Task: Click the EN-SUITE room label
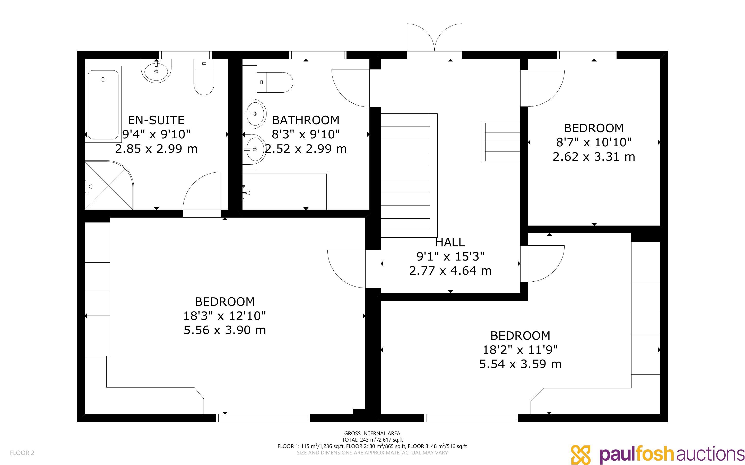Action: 156,120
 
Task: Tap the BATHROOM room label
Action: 306,120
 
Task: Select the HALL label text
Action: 450,243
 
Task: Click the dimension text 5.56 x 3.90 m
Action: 225,330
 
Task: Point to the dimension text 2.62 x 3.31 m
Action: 594,157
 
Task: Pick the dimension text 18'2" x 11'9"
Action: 520,350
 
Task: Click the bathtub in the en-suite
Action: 103,105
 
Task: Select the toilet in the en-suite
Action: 204,77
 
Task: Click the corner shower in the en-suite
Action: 109,185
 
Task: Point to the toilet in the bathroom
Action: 275,82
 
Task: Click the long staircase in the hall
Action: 409,175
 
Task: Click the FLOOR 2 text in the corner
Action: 22,453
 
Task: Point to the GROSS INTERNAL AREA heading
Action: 372,433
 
